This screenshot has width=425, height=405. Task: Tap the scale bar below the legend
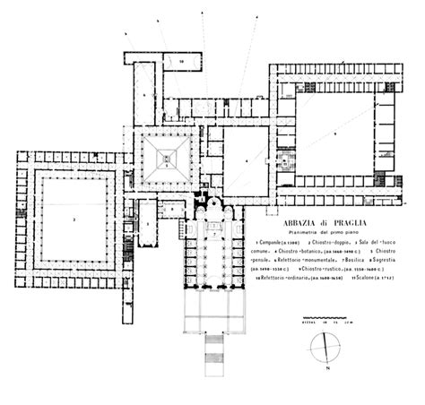(x=322, y=319)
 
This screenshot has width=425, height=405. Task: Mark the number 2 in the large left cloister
(x=74, y=218)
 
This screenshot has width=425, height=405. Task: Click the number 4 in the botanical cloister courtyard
(x=244, y=161)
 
